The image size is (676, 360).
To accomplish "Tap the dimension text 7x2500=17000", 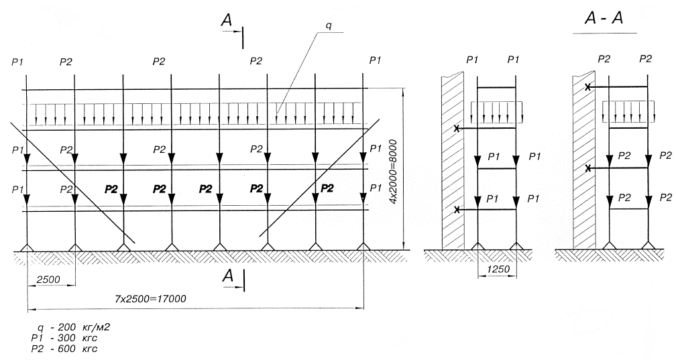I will coord(148,298).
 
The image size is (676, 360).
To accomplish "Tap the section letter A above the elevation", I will coord(228,21).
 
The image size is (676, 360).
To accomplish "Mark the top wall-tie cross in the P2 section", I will coord(588,87).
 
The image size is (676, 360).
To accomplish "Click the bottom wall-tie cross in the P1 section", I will coord(457,210).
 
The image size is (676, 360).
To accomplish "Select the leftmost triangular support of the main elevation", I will coord(27,248).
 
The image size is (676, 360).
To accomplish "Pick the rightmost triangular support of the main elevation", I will coord(363,248).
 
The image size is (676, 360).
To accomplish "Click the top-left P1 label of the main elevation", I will coord(17,62).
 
